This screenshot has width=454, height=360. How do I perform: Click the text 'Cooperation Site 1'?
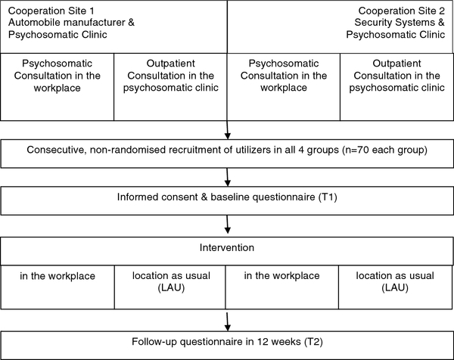pos(51,11)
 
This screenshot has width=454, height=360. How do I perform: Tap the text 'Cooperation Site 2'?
pos(401,11)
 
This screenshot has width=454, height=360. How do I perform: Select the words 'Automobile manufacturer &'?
pos(71,22)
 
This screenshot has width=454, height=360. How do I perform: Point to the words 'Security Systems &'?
pos(400,22)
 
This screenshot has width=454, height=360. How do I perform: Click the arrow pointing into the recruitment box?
pos(228,130)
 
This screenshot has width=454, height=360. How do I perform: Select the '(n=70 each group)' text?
pos(384,150)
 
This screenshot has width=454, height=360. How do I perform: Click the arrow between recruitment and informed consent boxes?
pos(228,177)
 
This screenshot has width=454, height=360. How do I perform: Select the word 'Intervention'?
pos(227,248)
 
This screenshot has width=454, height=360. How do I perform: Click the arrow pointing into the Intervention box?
pos(228,225)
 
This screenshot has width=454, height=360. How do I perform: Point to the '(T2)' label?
pos(313,342)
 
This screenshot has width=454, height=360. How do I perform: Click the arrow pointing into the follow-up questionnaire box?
pos(228,321)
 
